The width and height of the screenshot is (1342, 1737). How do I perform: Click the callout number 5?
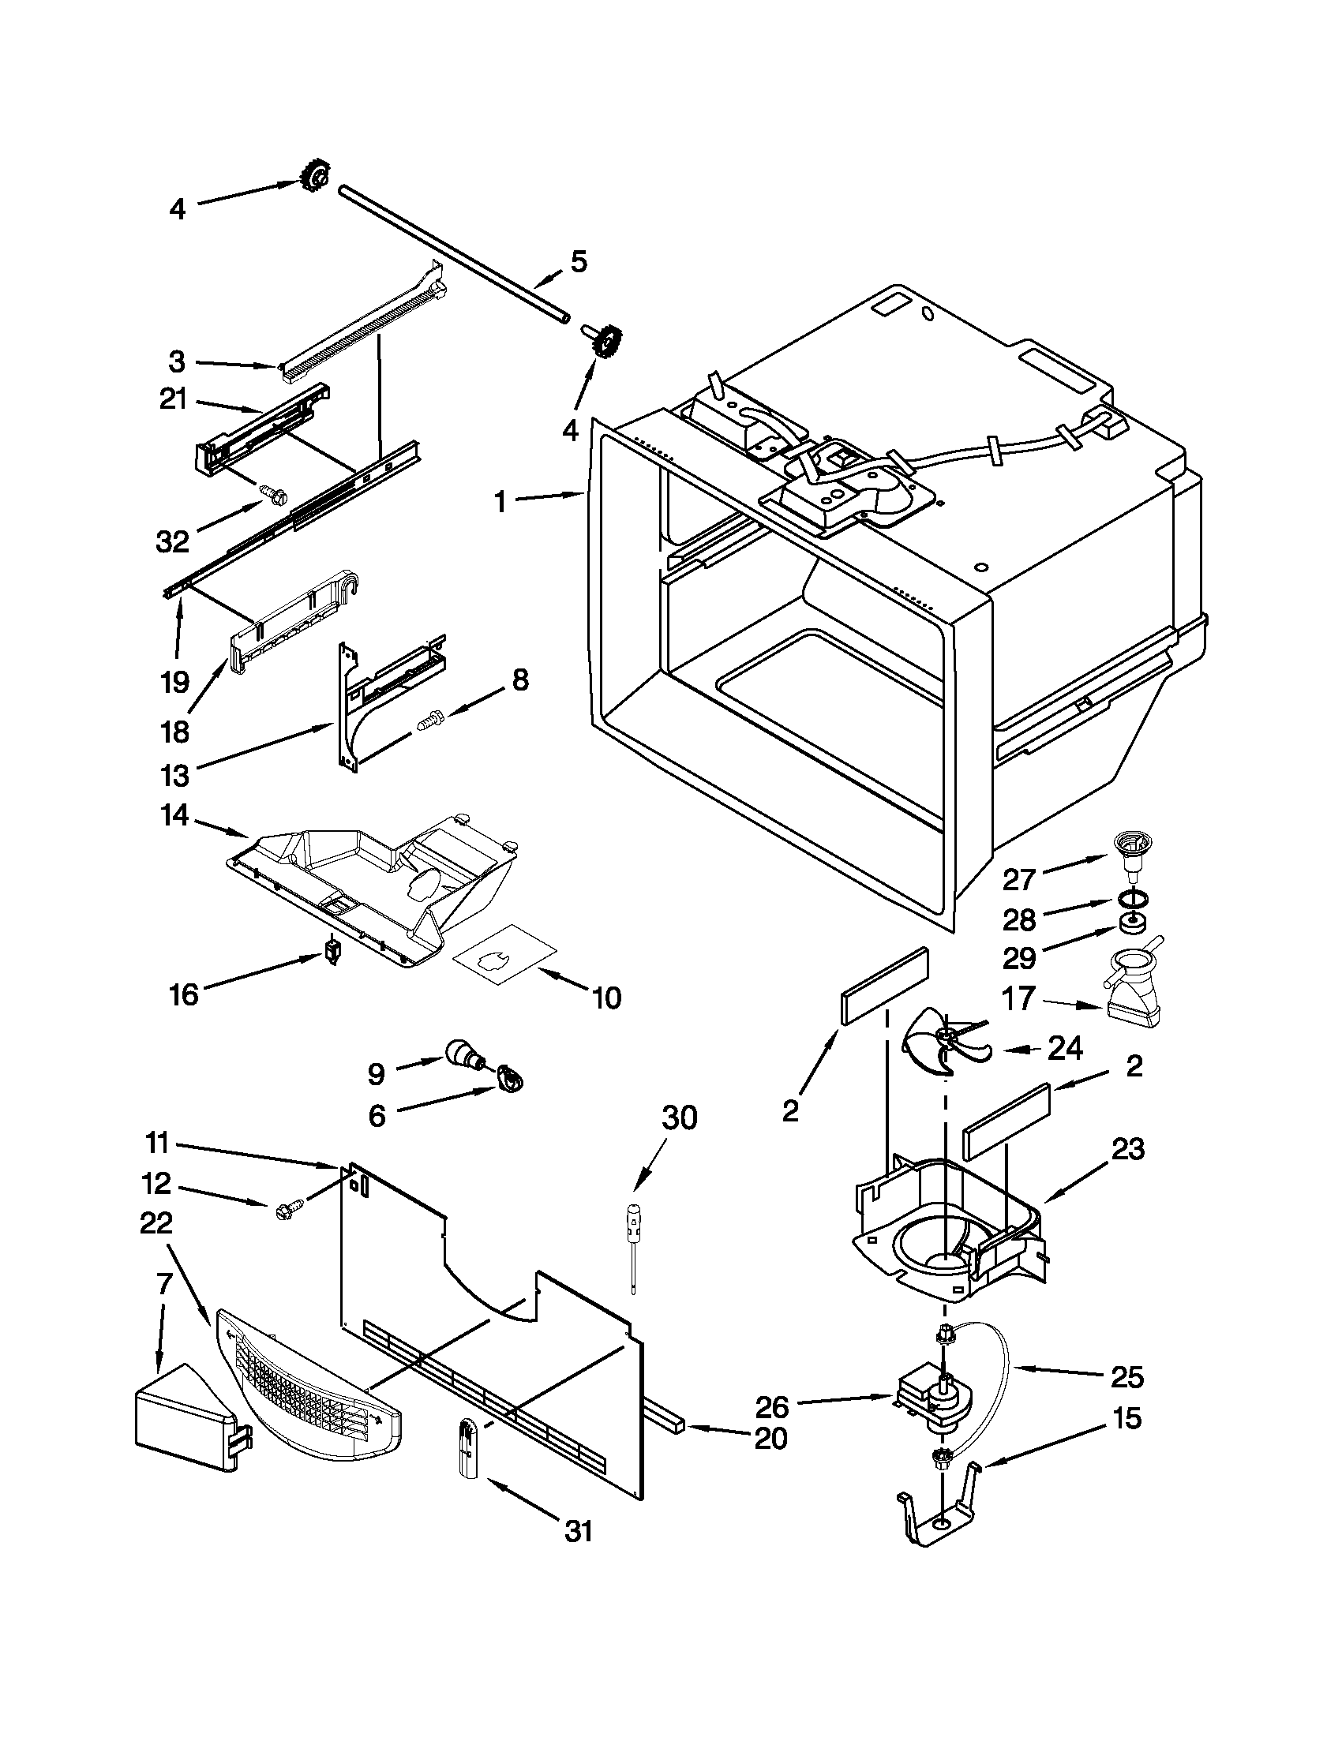click(x=579, y=262)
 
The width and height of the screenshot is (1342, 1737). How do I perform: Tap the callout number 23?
click(x=1127, y=1148)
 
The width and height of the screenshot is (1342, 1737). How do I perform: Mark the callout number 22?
click(x=156, y=1222)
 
